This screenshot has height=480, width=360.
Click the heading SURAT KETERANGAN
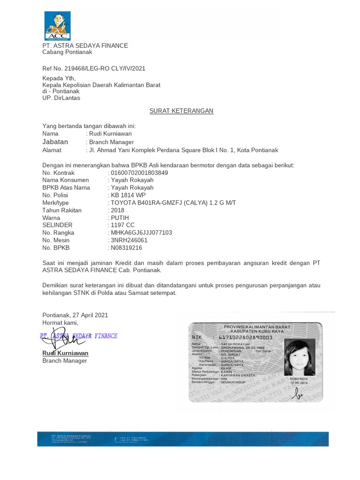181,111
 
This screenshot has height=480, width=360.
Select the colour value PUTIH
120,217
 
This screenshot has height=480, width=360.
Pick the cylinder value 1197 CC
122,225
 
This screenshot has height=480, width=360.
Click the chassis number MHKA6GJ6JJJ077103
141,232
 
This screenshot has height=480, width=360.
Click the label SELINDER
57,225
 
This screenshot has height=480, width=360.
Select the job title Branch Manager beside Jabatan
110,142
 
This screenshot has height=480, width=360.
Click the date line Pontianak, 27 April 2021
75,315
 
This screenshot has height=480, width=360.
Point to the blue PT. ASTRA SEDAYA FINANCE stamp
78,336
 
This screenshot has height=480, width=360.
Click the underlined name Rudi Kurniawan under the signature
65,353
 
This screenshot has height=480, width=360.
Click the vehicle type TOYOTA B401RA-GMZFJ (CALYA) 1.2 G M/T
173,202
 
